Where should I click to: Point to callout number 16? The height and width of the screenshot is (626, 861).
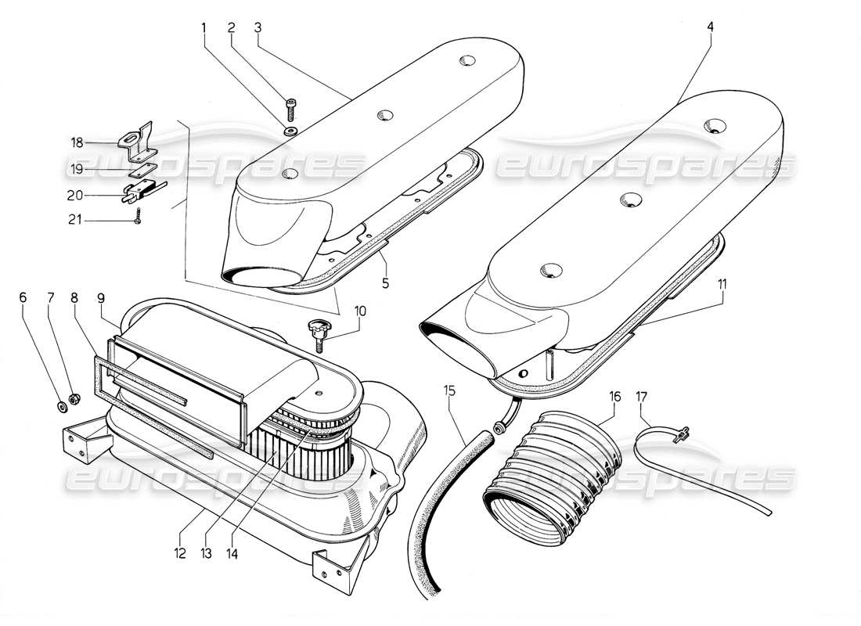pyautogui.click(x=614, y=397)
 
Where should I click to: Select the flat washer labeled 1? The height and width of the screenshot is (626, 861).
pyautogui.click(x=291, y=129)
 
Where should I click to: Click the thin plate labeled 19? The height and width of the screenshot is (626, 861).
pyautogui.click(x=136, y=167)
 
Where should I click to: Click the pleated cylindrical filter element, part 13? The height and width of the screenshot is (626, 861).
pyautogui.click(x=297, y=450)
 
